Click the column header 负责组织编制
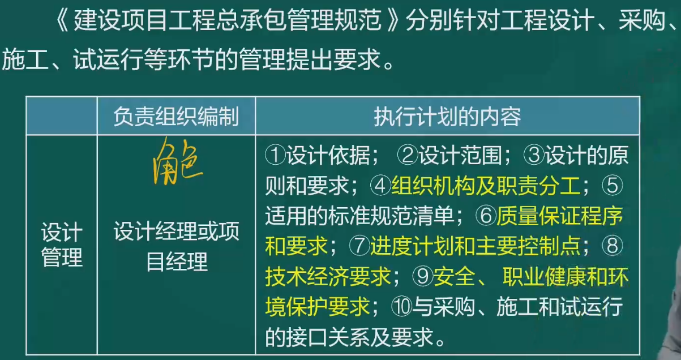tap(176, 117)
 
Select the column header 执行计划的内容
tap(447, 117)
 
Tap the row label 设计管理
tap(62, 245)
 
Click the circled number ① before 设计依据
tap(275, 155)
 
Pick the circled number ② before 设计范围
tap(408, 155)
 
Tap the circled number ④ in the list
tap(380, 186)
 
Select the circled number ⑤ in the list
tap(613, 186)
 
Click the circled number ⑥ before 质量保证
tap(486, 216)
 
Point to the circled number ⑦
tap(359, 246)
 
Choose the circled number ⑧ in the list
tap(613, 246)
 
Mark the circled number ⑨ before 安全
tap(423, 276)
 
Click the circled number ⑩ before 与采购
tap(401, 306)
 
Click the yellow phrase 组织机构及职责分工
tap(486, 186)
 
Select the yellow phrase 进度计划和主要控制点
tap(475, 246)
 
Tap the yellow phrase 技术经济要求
tap(328, 276)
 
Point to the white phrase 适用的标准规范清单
tap(359, 216)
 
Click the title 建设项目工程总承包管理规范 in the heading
tap(228, 20)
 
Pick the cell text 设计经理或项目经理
tap(177, 246)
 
